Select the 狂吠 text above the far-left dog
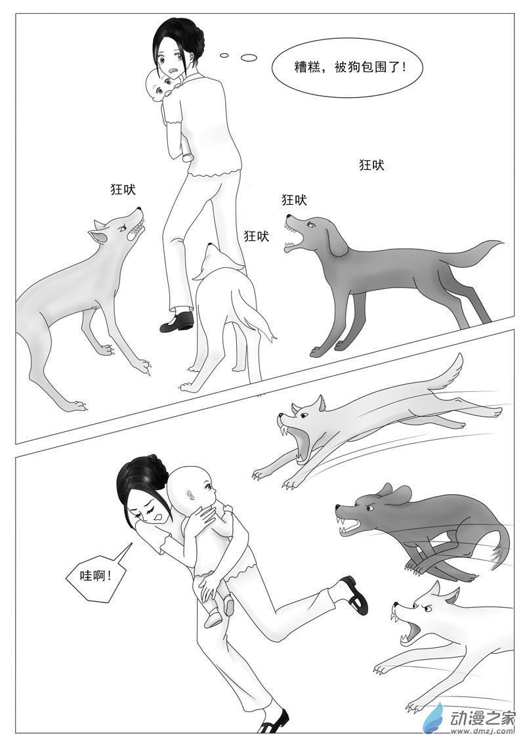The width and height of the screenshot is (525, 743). click(x=123, y=189)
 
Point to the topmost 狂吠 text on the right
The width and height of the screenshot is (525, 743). click(x=371, y=165)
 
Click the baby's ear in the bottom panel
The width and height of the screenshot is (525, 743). click(x=190, y=492)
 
